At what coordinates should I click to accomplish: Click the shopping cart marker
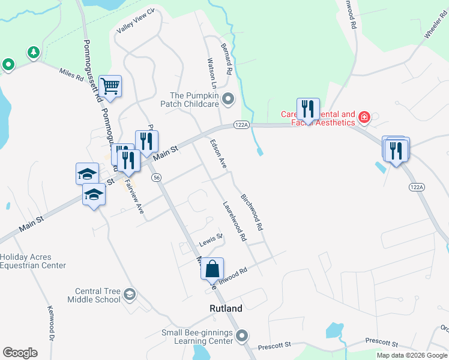click(110, 86)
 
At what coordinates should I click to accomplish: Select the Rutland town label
click(226, 309)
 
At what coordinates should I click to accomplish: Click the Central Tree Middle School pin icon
click(130, 295)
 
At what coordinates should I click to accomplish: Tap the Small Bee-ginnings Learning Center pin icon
click(242, 336)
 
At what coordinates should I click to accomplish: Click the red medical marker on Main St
click(363, 116)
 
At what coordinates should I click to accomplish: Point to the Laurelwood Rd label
click(235, 221)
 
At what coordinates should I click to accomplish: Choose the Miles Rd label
click(71, 74)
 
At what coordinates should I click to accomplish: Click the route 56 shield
click(156, 177)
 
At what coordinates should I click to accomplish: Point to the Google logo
click(20, 353)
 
